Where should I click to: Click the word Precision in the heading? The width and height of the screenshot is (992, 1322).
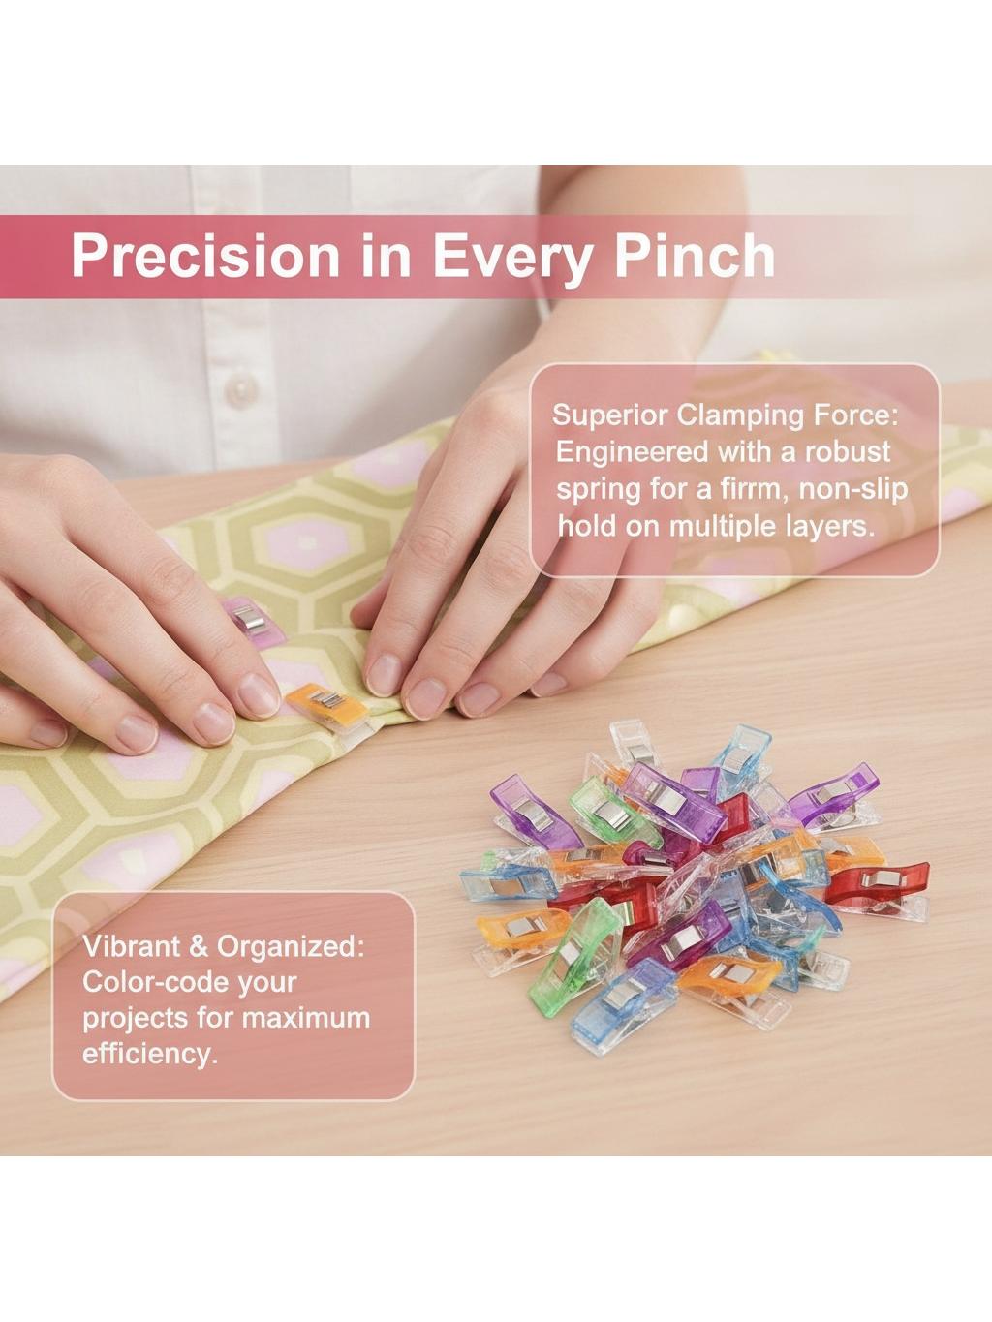[205, 257]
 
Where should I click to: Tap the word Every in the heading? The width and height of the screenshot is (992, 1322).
[511, 259]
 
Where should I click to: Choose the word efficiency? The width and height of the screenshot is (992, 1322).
[149, 1056]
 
